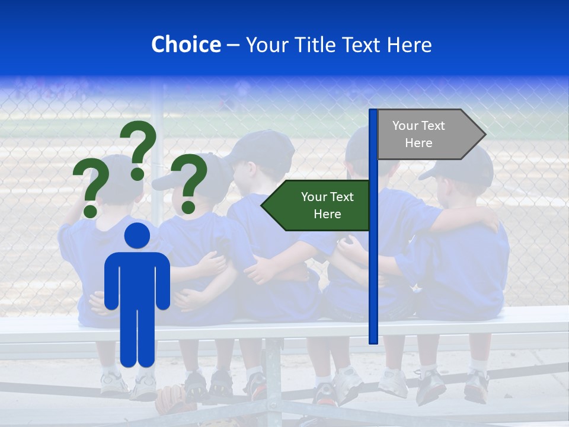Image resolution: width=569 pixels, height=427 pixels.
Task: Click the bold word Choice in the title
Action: tap(186, 44)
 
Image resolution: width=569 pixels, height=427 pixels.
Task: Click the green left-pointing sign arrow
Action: tap(317, 206)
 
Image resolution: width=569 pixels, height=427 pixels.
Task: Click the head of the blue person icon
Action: tap(137, 236)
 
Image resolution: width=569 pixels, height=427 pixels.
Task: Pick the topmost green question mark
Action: tap(139, 148)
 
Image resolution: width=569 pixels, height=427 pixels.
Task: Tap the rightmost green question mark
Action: tap(189, 183)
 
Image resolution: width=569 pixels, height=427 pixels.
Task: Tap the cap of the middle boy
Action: tap(264, 148)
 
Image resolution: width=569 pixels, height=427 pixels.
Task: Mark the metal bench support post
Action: tap(273, 374)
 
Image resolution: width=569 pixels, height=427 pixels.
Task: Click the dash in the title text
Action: tap(233, 44)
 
